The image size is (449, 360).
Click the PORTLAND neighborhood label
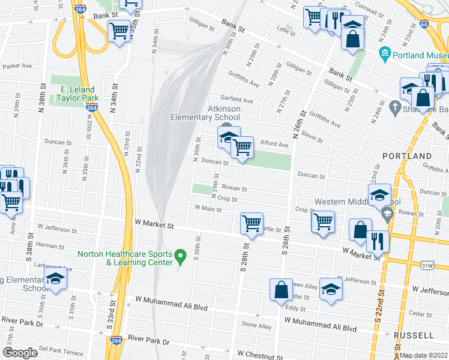[407, 156]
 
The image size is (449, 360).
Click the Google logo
[20, 353]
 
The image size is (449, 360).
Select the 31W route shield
[427, 265]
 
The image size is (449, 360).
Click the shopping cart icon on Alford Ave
[242, 146]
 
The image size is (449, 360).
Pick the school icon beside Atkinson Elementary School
[228, 137]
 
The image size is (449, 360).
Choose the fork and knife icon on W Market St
[378, 241]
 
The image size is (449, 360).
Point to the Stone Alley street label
[256, 325]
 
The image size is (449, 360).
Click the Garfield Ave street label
[237, 100]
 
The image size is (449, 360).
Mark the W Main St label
[208, 209]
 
